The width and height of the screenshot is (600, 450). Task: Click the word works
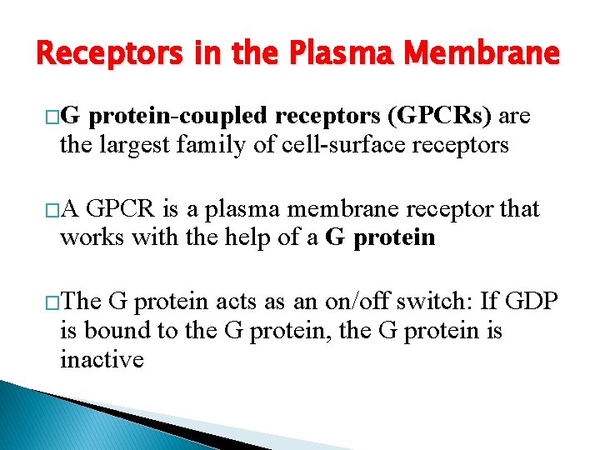89,238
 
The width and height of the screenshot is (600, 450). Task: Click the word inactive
102,360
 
